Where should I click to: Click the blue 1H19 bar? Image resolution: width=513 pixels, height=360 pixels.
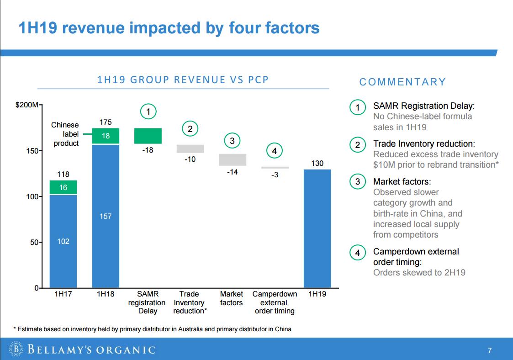(x=317, y=228)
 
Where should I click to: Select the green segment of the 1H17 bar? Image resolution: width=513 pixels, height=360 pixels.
(x=63, y=187)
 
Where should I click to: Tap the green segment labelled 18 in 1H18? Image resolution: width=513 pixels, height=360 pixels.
(x=106, y=136)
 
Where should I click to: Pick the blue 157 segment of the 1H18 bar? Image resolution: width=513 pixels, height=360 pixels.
(x=106, y=216)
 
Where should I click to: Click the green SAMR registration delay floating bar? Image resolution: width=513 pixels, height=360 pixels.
(x=148, y=136)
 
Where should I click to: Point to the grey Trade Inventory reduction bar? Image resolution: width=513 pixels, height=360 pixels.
(x=190, y=149)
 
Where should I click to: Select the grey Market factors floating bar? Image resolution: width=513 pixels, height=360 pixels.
(x=233, y=159)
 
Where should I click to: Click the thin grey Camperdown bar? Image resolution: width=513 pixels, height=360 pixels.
(x=275, y=168)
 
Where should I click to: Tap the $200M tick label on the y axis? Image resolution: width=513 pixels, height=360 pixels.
(x=27, y=105)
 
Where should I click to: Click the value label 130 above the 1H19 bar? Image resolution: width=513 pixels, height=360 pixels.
(x=317, y=163)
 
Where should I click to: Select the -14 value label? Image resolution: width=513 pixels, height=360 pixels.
(x=233, y=172)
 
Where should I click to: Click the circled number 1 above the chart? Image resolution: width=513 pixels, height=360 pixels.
(x=148, y=111)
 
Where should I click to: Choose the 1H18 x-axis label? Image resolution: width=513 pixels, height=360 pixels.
(x=106, y=294)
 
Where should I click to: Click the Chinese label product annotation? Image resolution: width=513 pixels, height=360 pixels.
(x=65, y=134)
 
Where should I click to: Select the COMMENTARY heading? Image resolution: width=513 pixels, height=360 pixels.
(x=402, y=82)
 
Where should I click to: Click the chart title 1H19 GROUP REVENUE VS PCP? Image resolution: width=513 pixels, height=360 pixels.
(x=183, y=80)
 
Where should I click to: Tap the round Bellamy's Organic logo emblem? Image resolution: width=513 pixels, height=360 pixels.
(x=16, y=350)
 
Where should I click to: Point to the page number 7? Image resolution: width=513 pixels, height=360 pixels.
(x=490, y=350)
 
